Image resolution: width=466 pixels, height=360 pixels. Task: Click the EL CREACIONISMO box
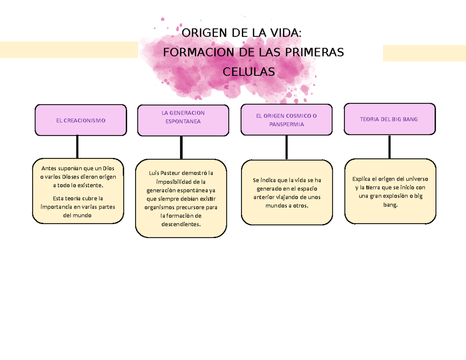[80, 120]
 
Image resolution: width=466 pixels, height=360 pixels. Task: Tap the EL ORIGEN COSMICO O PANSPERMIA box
[286, 120]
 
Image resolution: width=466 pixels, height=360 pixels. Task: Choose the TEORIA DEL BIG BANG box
[389, 119]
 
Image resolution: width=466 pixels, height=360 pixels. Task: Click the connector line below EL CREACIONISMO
[78, 147]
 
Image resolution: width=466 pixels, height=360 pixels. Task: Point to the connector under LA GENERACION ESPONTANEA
[181, 148]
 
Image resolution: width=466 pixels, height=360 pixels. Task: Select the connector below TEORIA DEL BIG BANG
[389, 147]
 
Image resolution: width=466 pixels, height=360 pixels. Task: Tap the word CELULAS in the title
[248, 71]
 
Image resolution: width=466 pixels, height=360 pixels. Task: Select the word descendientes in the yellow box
[181, 224]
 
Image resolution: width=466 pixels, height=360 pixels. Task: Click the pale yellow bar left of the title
[69, 50]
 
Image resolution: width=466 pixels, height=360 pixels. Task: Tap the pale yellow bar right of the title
[424, 53]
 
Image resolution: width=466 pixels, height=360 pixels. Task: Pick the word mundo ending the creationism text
[82, 215]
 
